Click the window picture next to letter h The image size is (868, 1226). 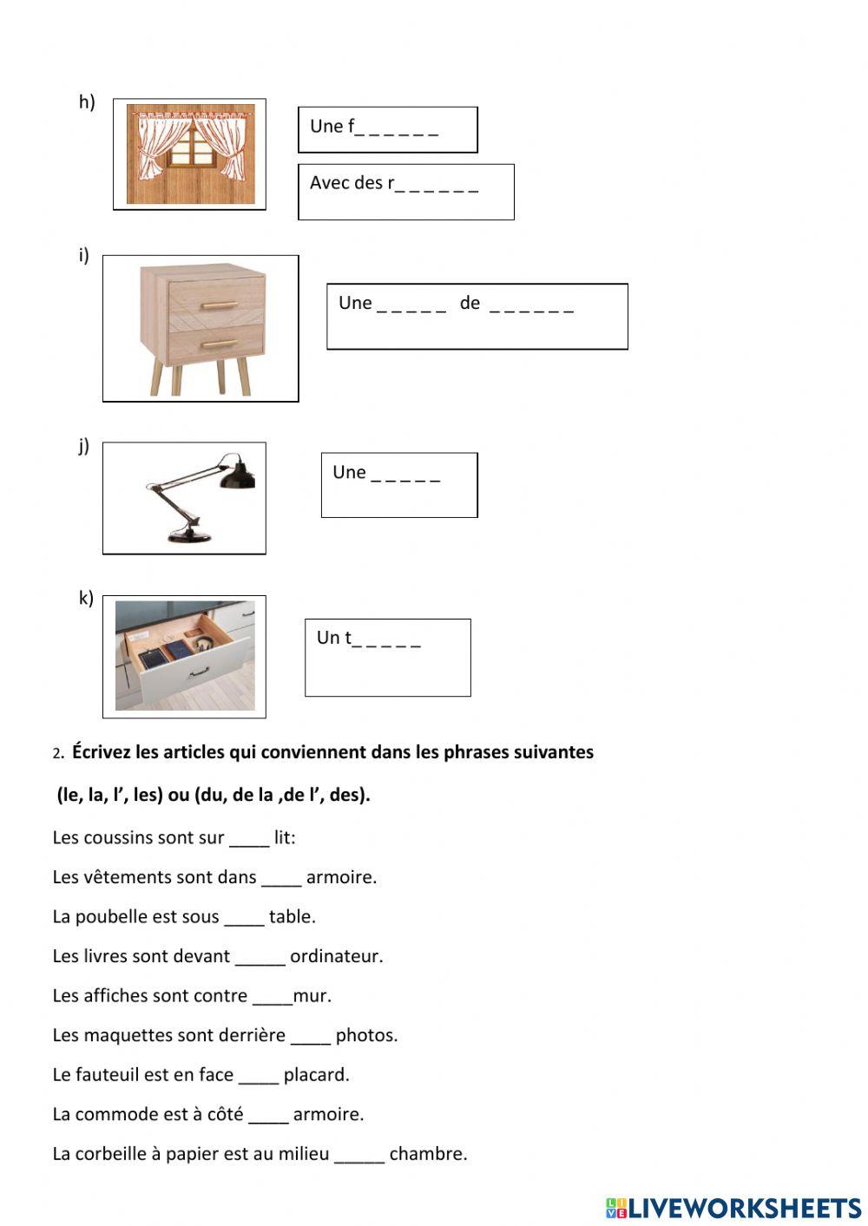[190, 154]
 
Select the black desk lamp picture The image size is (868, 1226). [185, 498]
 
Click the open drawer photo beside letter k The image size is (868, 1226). [185, 656]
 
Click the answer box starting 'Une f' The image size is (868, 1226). [387, 129]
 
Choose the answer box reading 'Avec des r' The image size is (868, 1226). [405, 192]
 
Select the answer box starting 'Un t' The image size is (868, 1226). [387, 657]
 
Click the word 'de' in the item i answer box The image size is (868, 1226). [470, 303]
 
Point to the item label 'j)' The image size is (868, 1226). [84, 446]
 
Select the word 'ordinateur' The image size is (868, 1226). [336, 956]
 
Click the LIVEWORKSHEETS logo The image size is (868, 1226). [733, 1207]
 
